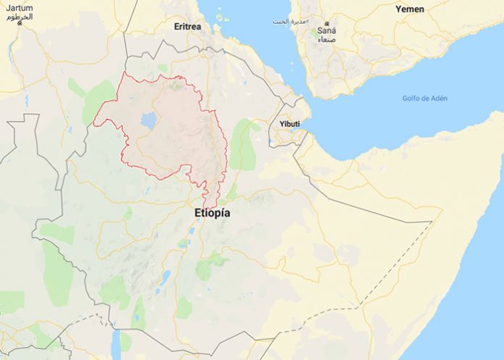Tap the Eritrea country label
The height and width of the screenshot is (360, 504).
point(188,27)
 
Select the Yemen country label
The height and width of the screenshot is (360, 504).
point(409,9)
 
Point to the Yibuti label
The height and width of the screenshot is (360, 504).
point(289,124)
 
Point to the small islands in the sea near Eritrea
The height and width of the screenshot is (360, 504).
point(221,16)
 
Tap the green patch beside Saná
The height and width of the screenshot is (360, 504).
point(315,32)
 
